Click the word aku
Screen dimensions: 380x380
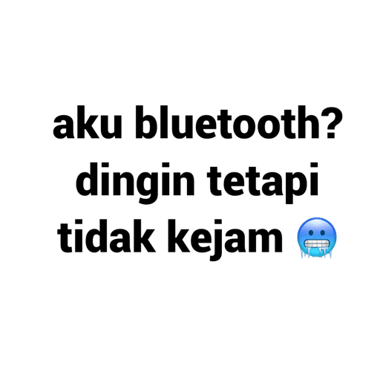pos(88,122)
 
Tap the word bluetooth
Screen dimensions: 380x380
pos(228,122)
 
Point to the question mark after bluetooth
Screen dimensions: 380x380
pos(332,122)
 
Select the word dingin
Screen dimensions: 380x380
pos(135,183)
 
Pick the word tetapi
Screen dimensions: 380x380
pos(262,183)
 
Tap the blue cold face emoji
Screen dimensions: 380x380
pos(317,237)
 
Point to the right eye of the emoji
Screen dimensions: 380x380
pos(323,232)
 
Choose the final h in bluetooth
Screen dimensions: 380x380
pos(309,122)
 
